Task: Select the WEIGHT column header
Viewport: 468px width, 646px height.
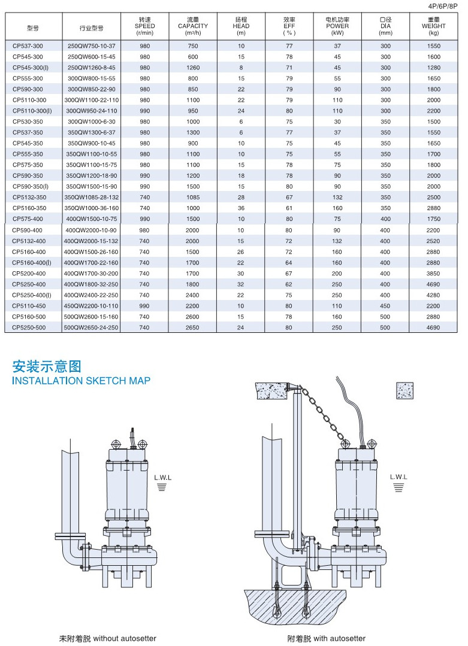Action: click(434, 26)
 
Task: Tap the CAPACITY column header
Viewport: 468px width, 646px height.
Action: click(193, 26)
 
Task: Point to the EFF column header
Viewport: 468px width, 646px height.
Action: click(289, 26)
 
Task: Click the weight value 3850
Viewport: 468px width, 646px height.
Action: click(434, 273)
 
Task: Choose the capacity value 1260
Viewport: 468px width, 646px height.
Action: click(193, 67)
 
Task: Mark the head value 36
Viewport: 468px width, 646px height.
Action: click(241, 208)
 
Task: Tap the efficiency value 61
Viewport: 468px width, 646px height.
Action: click(289, 208)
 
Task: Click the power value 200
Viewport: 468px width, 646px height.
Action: click(337, 273)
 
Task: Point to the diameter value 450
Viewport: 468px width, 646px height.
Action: click(385, 306)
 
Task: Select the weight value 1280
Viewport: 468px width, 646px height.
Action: click(434, 67)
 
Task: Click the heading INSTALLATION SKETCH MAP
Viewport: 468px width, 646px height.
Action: click(81, 381)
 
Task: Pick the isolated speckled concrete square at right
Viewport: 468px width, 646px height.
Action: click(405, 390)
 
